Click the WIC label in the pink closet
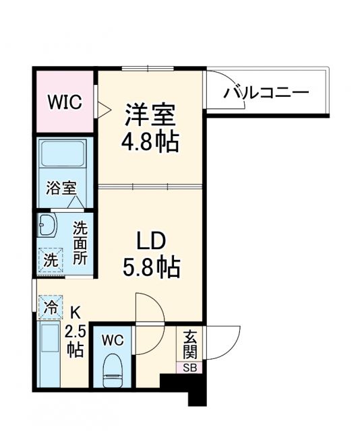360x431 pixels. click(x=65, y=103)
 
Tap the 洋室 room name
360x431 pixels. click(x=150, y=115)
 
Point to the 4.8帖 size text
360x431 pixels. click(x=150, y=141)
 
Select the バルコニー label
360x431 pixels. click(x=266, y=92)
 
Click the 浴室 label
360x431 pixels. click(x=61, y=188)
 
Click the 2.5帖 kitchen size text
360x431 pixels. click(x=75, y=341)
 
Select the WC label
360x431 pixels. click(x=113, y=340)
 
